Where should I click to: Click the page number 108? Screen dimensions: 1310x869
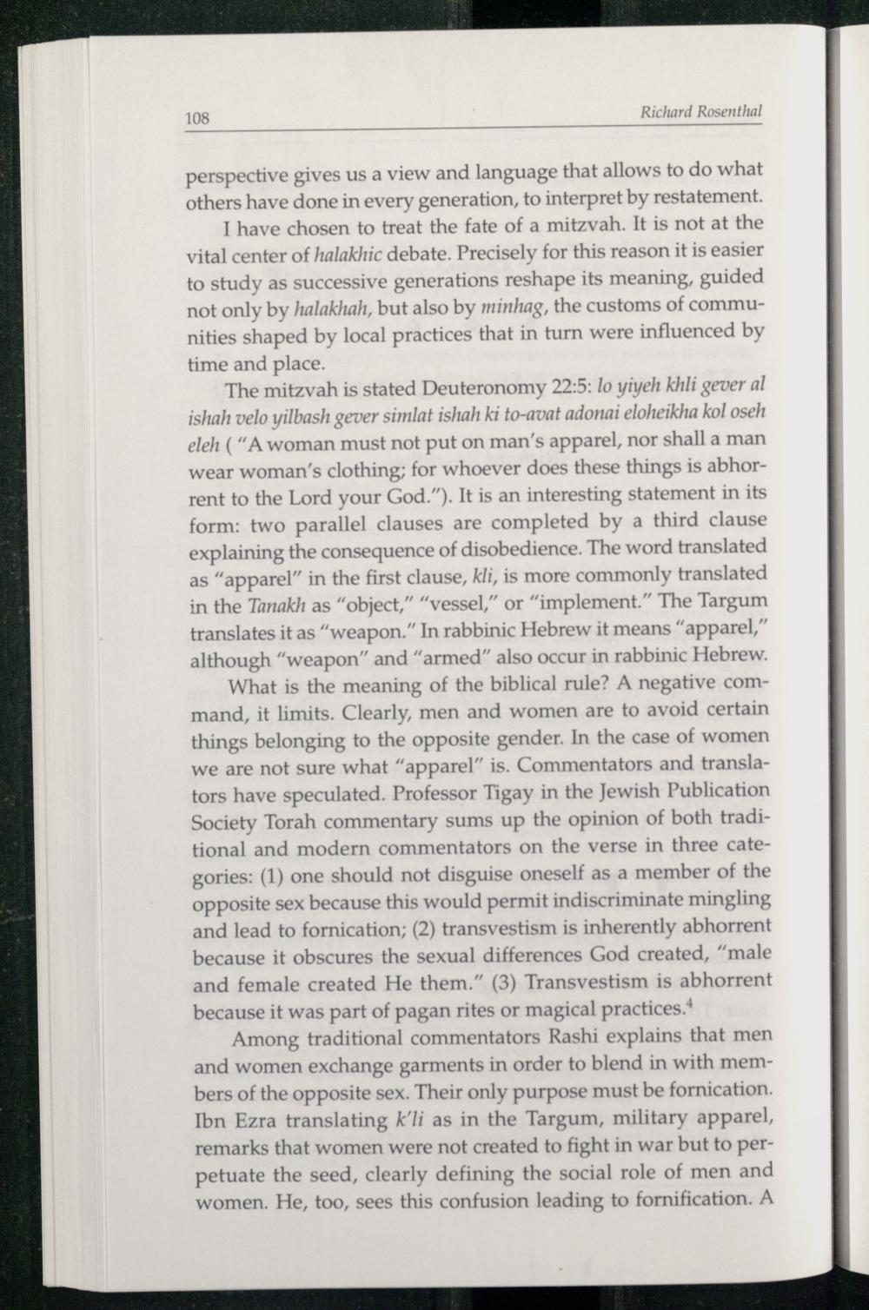click(x=197, y=118)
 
